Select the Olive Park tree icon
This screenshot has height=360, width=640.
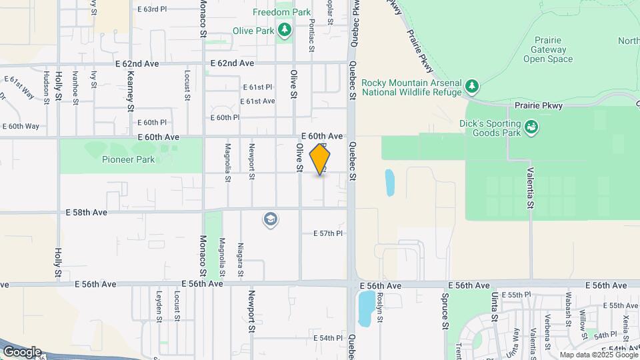(285, 30)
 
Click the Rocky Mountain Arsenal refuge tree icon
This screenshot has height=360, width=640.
(472, 86)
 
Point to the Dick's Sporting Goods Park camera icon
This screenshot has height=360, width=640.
(531, 126)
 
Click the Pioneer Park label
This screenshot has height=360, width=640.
(129, 159)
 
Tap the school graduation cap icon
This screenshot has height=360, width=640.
(270, 219)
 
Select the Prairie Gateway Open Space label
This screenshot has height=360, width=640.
(548, 49)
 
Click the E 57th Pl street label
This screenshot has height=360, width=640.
(327, 233)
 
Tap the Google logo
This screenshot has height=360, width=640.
(21, 351)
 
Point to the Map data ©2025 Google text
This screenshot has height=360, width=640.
(597, 355)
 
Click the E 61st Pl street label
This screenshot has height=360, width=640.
(257, 87)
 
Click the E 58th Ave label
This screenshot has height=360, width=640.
(86, 211)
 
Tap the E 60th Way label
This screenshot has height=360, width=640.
(21, 126)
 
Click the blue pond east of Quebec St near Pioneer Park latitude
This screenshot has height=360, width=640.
(389, 182)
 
